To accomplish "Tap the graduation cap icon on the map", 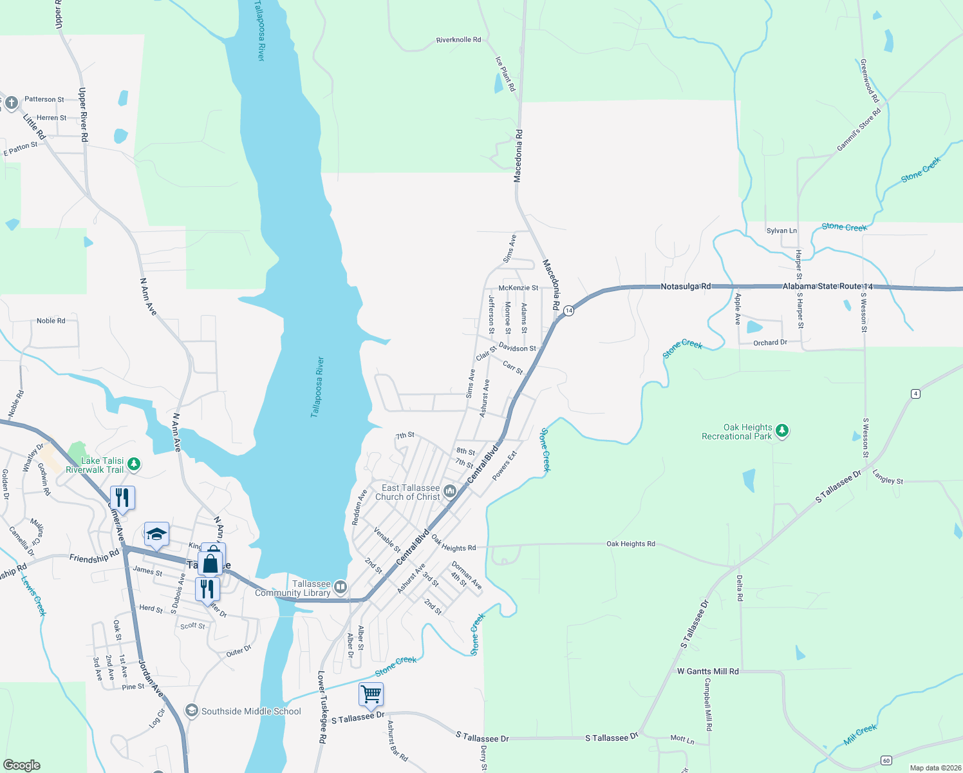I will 156,534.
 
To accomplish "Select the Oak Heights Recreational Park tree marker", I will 782,430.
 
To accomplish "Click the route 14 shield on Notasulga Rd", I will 568,310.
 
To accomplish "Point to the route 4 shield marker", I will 915,394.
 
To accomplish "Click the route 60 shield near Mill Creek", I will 886,761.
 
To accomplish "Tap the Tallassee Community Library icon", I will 341,587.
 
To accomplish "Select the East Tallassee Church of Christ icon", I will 450,492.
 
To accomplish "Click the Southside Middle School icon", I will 191,711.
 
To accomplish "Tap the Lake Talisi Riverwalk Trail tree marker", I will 134,463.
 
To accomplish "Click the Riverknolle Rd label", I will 458,40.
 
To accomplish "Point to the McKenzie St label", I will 518,288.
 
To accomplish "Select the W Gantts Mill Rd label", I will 707,671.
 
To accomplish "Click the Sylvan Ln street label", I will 781,231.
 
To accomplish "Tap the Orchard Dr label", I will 770,343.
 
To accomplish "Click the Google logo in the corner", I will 22,765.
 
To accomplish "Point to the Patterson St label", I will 44,99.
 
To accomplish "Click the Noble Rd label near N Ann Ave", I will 51,321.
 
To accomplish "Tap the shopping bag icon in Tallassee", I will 210,564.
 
